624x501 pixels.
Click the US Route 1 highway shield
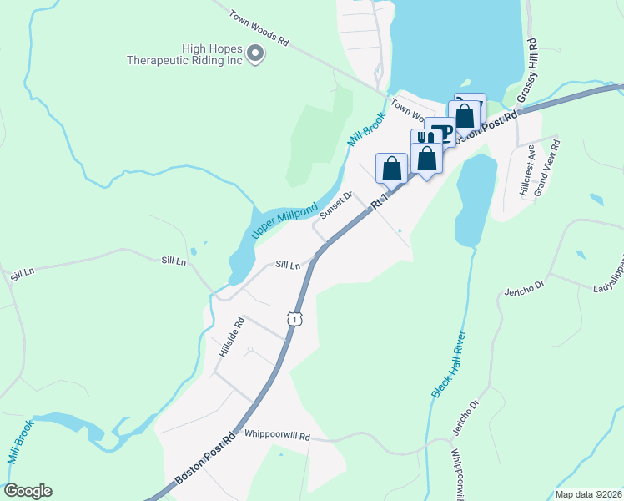click(x=294, y=318)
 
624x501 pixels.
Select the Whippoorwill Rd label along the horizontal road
click(x=277, y=436)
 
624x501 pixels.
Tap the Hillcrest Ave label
click(x=527, y=170)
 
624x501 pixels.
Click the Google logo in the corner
click(x=28, y=491)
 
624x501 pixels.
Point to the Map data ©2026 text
click(x=588, y=494)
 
